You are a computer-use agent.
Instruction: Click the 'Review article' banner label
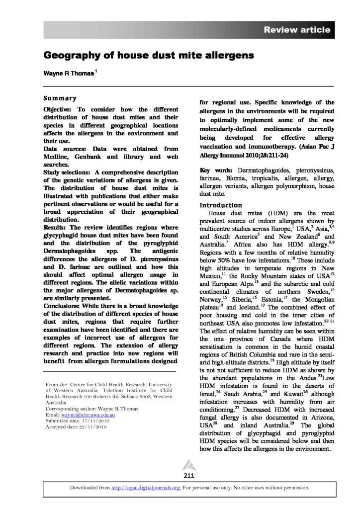[297, 30]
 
